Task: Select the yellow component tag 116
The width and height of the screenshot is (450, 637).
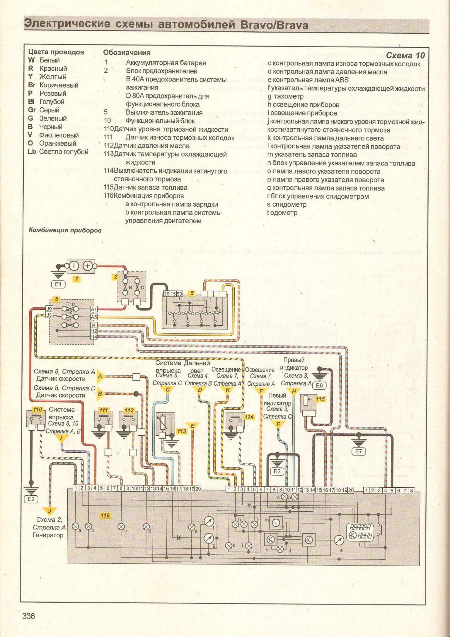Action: (105, 516)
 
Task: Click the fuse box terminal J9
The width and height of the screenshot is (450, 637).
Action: (49, 308)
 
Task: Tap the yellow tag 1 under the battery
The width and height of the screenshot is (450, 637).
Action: (76, 279)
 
